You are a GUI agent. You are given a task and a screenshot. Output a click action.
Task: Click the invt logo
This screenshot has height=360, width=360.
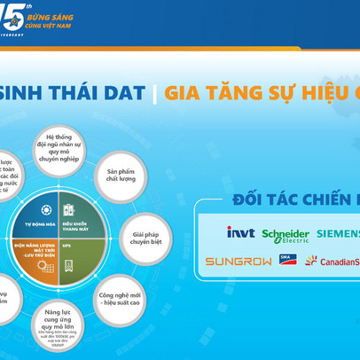click(240, 232)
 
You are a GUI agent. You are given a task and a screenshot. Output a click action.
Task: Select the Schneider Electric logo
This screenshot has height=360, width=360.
click(285, 235)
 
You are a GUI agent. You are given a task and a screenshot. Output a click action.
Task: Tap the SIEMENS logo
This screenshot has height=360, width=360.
click(338, 233)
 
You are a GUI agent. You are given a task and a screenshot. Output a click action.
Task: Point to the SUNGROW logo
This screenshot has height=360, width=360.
click(237, 261)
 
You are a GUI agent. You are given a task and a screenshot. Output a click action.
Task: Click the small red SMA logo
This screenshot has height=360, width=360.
click(287, 260)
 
